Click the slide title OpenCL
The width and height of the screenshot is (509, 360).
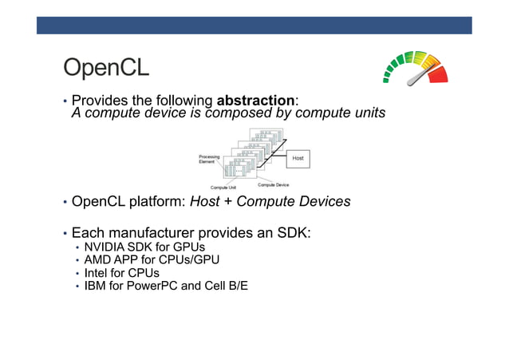pyautogui.click(x=106, y=68)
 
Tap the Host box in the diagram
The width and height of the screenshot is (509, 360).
pyautogui.click(x=298, y=158)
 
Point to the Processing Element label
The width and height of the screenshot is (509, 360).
pyautogui.click(x=209, y=159)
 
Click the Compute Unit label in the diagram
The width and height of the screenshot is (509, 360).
pyautogui.click(x=223, y=188)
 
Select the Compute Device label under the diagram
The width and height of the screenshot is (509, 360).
pyautogui.click(x=273, y=185)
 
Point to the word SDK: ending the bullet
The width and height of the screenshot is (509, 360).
pyautogui.click(x=292, y=233)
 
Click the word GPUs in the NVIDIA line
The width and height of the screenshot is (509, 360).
pyautogui.click(x=187, y=247)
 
